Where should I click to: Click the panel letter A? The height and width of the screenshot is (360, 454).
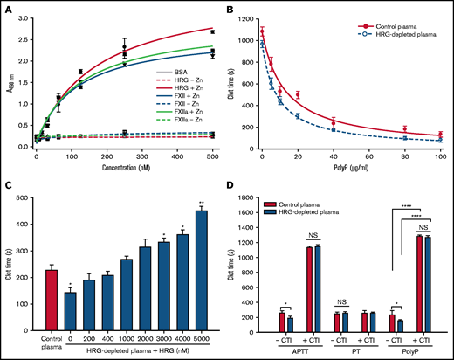tap(8, 8)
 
